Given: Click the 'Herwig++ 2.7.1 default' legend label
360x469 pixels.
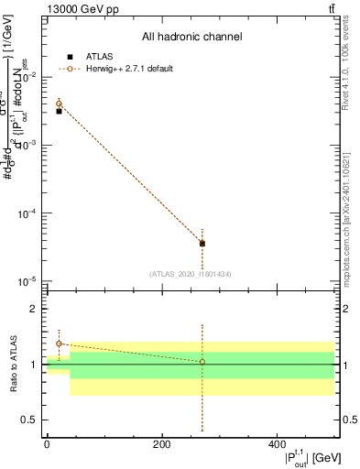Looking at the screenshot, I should pos(128,69).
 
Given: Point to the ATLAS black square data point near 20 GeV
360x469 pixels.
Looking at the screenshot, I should pos(59,111).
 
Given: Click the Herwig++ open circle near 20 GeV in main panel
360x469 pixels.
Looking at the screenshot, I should pos(59,104).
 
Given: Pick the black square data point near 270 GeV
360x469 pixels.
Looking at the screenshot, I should pos(202,244).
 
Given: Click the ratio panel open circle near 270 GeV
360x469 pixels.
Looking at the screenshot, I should pos(202,362).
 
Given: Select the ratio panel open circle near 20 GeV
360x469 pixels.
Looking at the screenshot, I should pos(59,344).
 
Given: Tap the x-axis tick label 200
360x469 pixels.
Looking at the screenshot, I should pos(162,444).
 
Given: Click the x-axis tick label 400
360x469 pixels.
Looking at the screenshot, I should pos(277,444).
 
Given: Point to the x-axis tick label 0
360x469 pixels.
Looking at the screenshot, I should pos(47,444).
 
